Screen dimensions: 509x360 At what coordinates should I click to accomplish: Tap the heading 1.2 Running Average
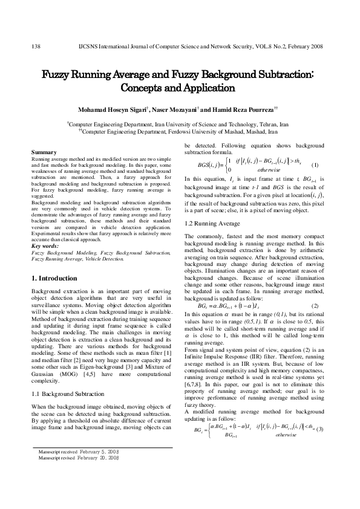[212, 224]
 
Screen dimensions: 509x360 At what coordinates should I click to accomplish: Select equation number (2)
[314, 305]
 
